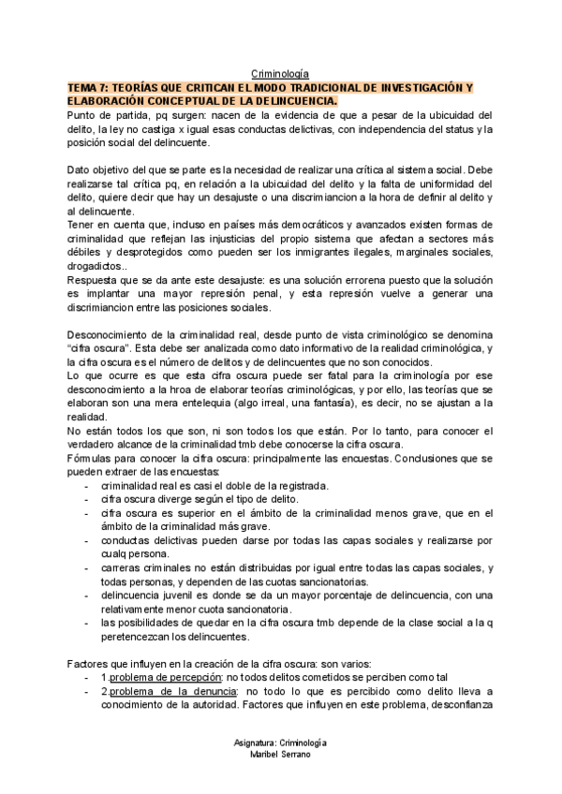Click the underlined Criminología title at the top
point(281,73)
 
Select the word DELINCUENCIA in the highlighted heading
point(290,100)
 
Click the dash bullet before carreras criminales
point(87,568)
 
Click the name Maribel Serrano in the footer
point(281,756)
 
